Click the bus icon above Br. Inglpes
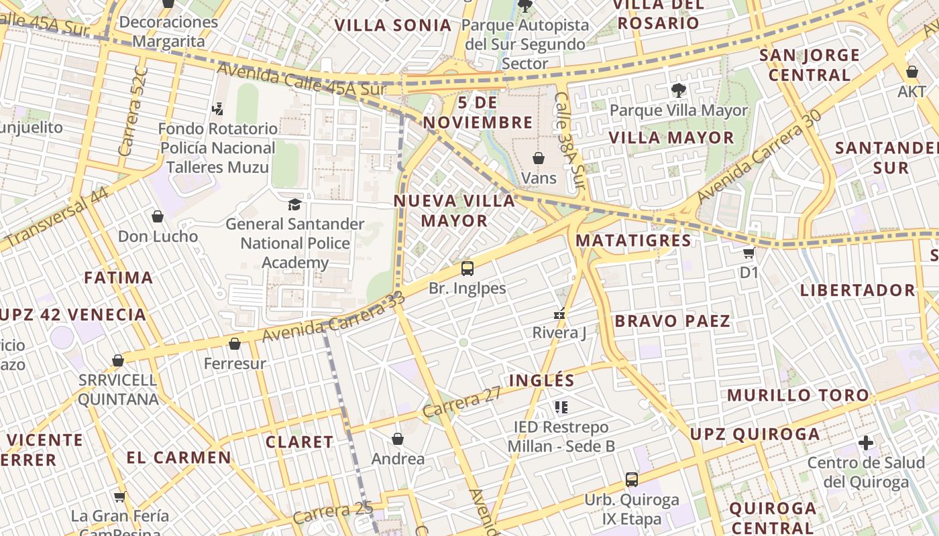[x=467, y=269]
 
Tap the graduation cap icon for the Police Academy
[x=294, y=204]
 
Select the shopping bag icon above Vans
[x=538, y=158]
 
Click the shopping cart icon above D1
[x=749, y=253]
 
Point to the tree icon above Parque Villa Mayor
[x=678, y=90]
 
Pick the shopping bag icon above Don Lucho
[x=158, y=216]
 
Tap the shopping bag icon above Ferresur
[x=234, y=344]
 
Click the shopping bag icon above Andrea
[x=398, y=439]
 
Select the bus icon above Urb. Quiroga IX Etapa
[x=631, y=479]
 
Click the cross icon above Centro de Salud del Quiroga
[x=866, y=443]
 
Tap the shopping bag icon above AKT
[x=912, y=72]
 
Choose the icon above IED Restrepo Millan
[x=561, y=407]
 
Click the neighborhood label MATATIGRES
[x=633, y=240]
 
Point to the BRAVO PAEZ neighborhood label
[x=672, y=321]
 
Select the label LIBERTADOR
[x=857, y=290]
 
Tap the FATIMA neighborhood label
[x=119, y=277]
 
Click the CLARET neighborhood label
[x=299, y=442]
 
